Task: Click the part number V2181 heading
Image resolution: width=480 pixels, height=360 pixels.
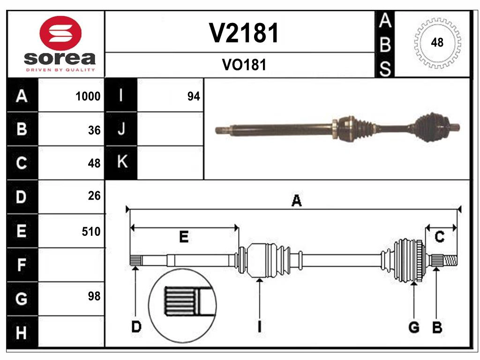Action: (244, 33)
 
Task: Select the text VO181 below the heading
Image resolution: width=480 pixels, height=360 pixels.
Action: (244, 65)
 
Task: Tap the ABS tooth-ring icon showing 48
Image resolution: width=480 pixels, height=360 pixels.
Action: (437, 43)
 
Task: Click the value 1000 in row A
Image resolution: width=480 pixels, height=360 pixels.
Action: (88, 97)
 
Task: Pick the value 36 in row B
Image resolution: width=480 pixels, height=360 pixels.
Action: (94, 130)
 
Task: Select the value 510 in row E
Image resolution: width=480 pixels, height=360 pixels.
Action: (91, 231)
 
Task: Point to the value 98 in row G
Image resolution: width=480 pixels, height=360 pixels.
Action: (94, 296)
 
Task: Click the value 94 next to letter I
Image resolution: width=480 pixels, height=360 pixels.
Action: (194, 97)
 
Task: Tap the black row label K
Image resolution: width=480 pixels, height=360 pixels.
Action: (121, 163)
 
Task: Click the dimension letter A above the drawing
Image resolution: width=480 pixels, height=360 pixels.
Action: (296, 201)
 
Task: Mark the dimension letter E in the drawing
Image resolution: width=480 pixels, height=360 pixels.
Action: (184, 237)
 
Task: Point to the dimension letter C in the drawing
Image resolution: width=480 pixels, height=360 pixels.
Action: (440, 237)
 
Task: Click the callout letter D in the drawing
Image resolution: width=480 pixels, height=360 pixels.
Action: (135, 327)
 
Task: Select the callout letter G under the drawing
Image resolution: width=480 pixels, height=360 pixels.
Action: (413, 328)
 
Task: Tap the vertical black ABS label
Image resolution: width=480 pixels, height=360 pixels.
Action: (384, 45)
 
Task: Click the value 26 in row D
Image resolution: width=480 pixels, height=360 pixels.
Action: (94, 196)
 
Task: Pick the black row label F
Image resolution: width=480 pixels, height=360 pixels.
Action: (22, 265)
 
